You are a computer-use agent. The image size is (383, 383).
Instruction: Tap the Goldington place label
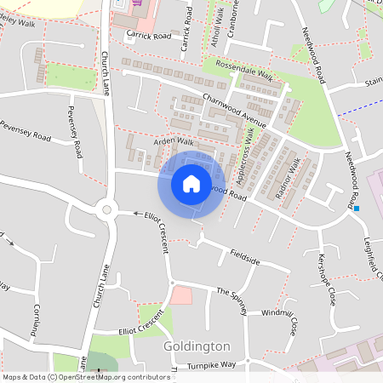197,346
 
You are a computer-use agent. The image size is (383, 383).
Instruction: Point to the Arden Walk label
174,141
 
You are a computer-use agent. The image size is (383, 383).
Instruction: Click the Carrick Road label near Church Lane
148,36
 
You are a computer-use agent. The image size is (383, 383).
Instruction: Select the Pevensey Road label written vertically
75,137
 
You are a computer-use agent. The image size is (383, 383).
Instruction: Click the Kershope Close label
327,278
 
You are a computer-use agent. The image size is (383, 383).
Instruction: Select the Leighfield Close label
374,260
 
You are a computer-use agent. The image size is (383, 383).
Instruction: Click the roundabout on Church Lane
107,209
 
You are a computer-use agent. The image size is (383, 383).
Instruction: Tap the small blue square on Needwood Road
357,209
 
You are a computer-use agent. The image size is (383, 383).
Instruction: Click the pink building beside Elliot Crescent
181,295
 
